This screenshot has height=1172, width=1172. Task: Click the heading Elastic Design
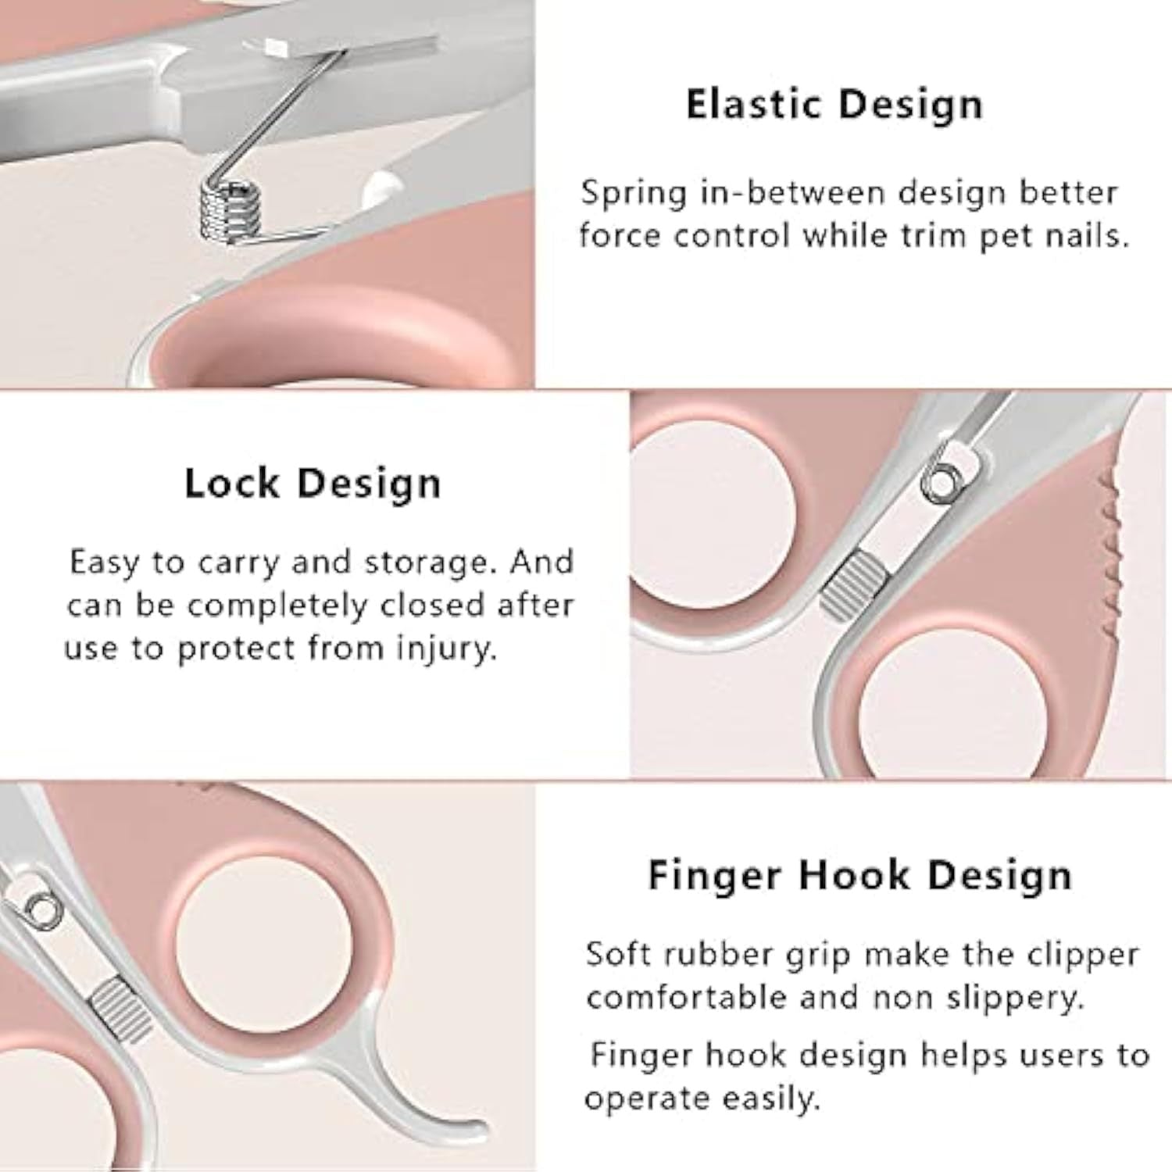tap(834, 105)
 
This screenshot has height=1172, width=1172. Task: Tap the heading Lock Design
tap(313, 484)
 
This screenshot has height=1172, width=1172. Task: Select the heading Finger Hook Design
tap(859, 875)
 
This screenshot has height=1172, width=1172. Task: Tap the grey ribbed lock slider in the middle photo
tap(856, 585)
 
